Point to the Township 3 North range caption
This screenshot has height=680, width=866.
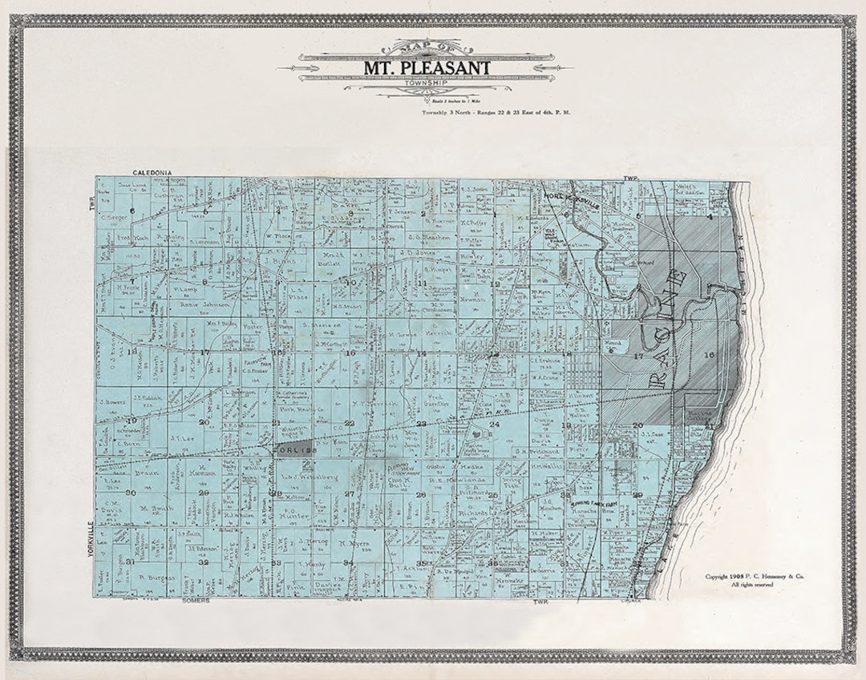click(496, 113)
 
